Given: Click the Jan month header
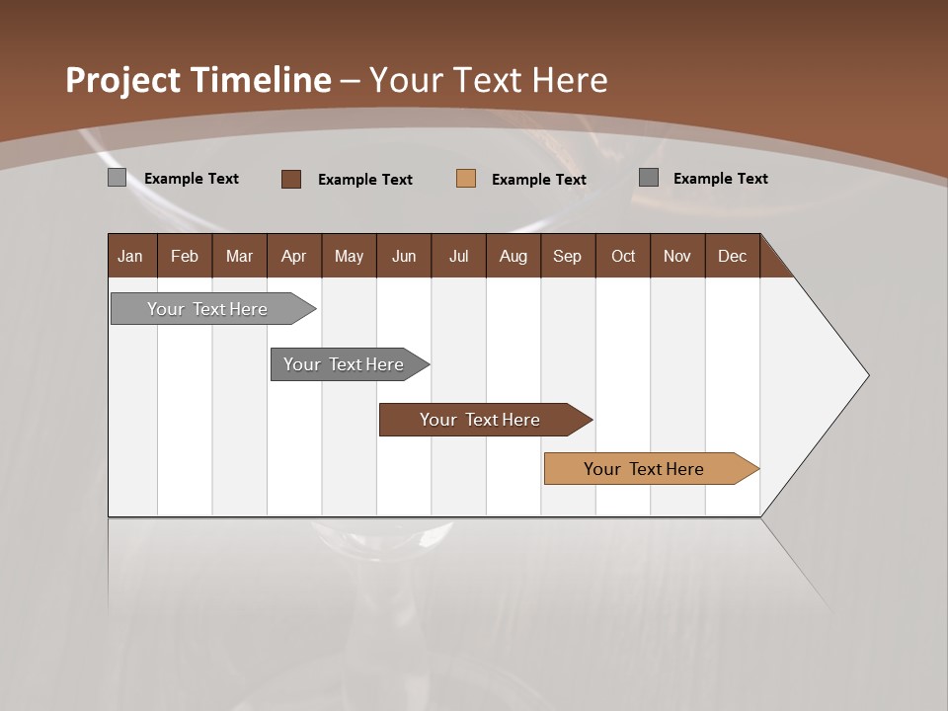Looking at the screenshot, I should pyautogui.click(x=130, y=256).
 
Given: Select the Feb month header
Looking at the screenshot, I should pyautogui.click(x=185, y=256).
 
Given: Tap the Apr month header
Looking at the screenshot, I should pyautogui.click(x=294, y=256).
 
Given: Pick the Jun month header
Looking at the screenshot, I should pyautogui.click(x=404, y=256).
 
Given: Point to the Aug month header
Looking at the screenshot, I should pyautogui.click(x=513, y=256).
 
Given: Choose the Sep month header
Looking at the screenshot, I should pyautogui.click(x=568, y=256).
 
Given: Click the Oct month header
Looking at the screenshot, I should pyautogui.click(x=623, y=256).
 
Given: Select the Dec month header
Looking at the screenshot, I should pyautogui.click(x=733, y=256).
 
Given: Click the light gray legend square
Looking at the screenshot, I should pyautogui.click(x=117, y=178).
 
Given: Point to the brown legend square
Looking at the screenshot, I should pyautogui.click(x=291, y=179).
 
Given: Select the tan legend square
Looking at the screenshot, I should pyautogui.click(x=466, y=179).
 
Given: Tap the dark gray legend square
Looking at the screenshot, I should pyautogui.click(x=649, y=178).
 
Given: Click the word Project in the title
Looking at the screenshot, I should pyautogui.click(x=123, y=80).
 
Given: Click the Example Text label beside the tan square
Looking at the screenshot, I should pyautogui.click(x=538, y=180).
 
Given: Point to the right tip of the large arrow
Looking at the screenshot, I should pyautogui.click(x=867, y=375).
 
